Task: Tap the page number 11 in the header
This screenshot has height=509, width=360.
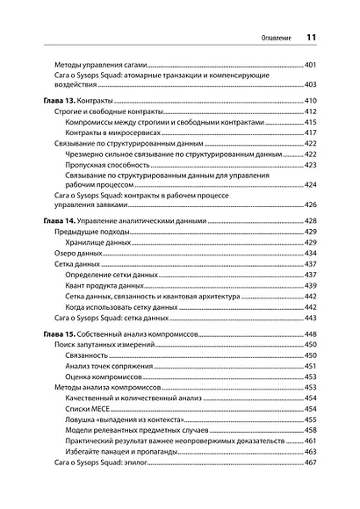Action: point(311,38)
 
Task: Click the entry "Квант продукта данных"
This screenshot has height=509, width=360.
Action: point(107,285)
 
